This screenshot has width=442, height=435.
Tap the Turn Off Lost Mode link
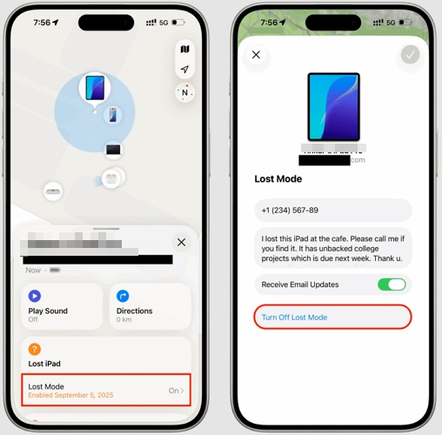tap(294, 318)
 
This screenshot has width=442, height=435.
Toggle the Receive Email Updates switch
tap(391, 284)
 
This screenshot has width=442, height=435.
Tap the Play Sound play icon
tap(35, 296)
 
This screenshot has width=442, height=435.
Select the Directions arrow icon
tap(123, 296)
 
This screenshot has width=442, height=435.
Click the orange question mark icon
tap(35, 349)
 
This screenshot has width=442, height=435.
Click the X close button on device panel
tap(181, 243)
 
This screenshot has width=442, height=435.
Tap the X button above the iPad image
tap(256, 55)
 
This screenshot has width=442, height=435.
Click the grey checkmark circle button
tap(411, 55)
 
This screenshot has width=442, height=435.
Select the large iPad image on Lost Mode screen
tap(333, 107)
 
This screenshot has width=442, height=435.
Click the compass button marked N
tap(184, 92)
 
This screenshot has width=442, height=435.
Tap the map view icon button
tap(184, 49)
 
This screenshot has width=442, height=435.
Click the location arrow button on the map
tap(184, 70)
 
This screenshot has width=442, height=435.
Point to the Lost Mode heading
tap(278, 178)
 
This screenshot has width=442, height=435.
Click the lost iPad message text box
tap(332, 248)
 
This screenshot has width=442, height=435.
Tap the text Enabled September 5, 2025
tap(70, 396)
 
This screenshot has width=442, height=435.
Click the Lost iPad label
tap(44, 364)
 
